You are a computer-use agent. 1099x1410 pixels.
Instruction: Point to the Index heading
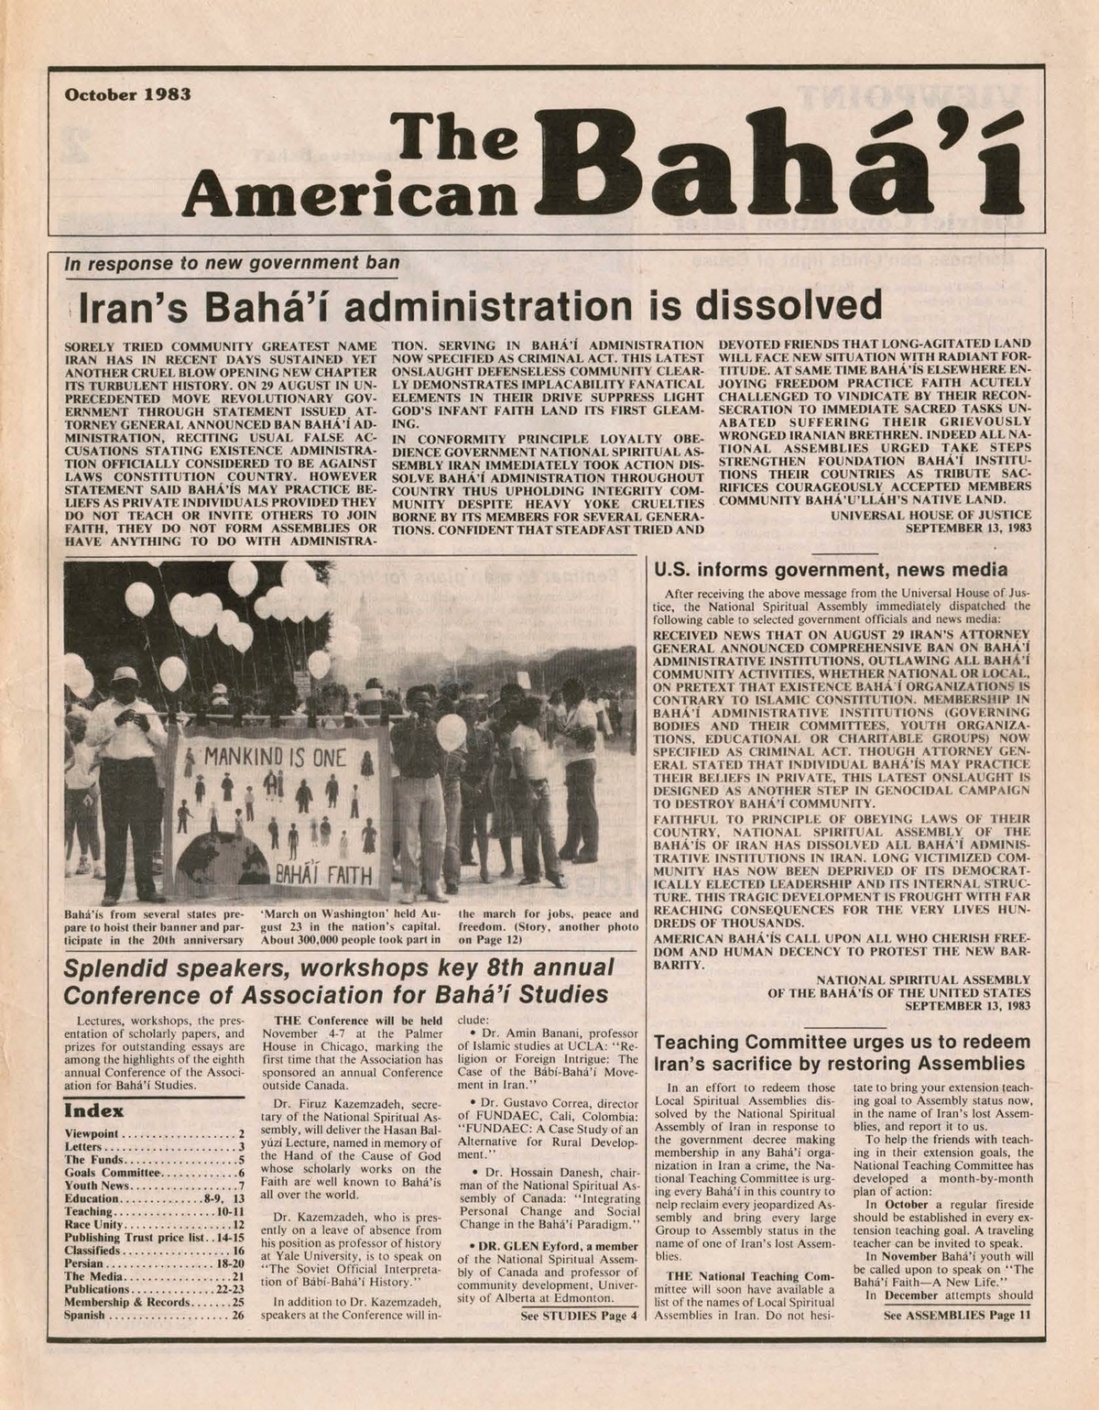92,1111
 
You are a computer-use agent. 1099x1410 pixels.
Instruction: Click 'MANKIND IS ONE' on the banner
265,759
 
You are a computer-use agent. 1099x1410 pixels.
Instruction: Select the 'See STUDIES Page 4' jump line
577,1317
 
